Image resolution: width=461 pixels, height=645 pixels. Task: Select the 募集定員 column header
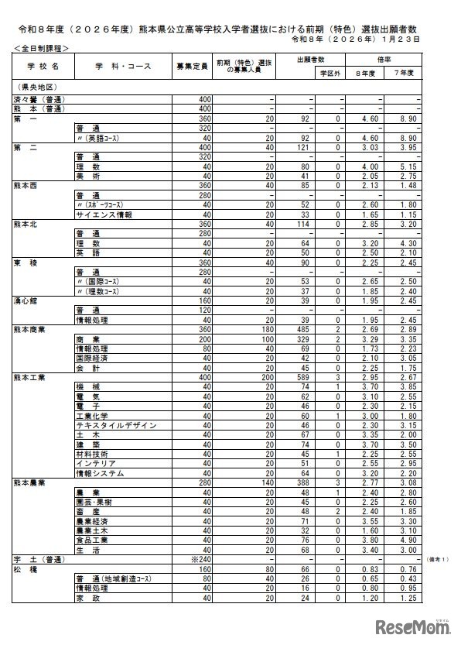pos(192,66)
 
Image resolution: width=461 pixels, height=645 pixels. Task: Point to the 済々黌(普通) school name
pos(38,101)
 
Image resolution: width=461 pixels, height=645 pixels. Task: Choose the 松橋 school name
pos(25,568)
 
